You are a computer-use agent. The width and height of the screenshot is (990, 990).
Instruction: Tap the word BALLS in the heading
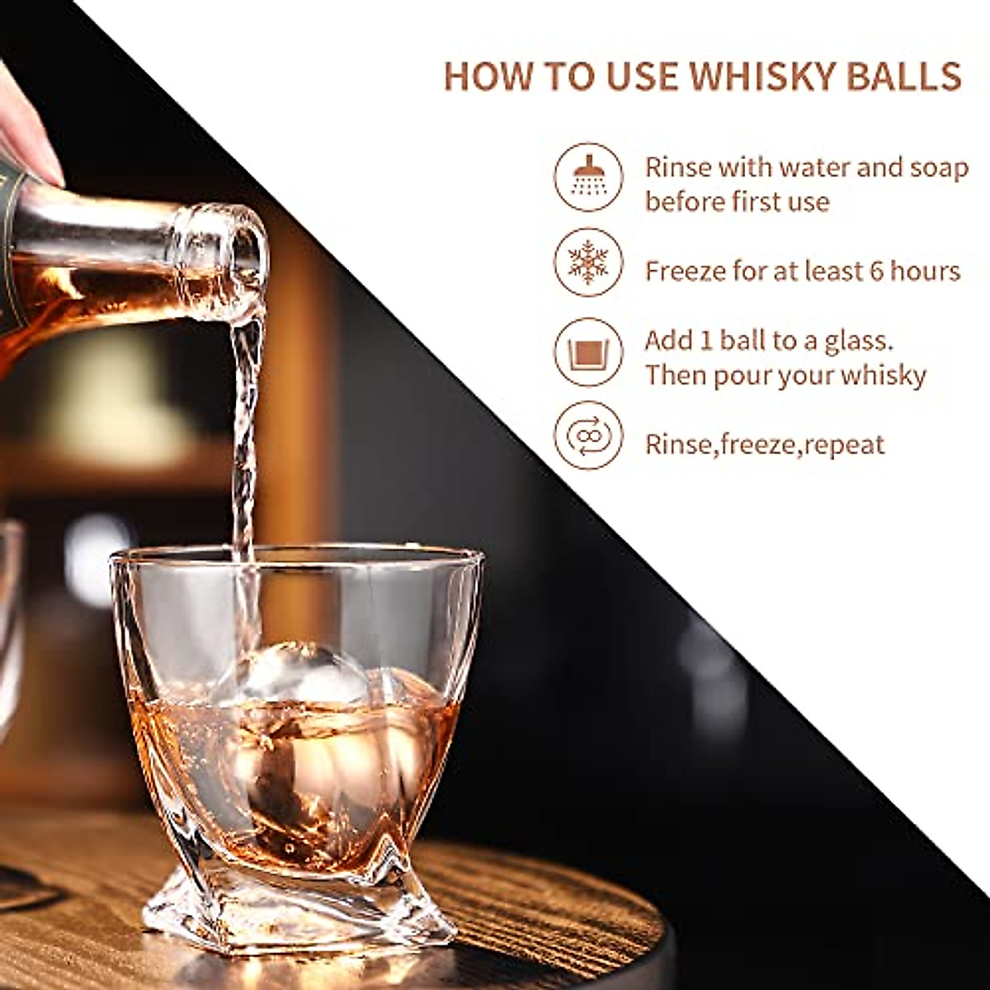click(915, 76)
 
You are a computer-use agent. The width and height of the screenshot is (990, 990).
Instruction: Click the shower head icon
click(588, 177)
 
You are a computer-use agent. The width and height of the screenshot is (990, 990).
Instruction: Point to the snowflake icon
click(588, 262)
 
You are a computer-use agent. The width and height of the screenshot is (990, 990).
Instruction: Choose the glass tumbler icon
click(588, 352)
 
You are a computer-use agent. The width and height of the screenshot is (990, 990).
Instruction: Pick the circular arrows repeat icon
click(588, 436)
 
